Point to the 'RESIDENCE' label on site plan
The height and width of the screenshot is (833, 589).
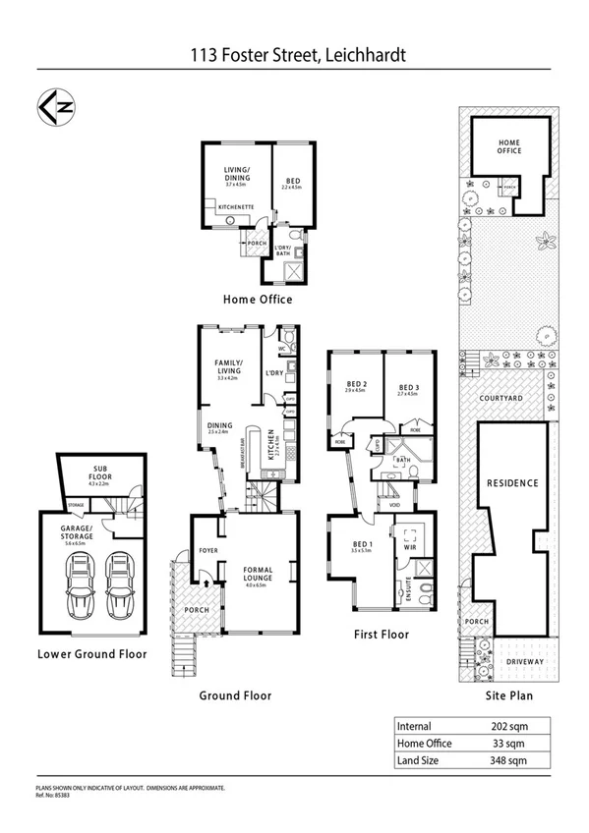[511, 483]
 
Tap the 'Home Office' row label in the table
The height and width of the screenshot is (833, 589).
[425, 744]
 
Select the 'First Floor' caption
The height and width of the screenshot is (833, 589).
[381, 635]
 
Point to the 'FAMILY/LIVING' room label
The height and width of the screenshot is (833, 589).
[229, 366]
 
